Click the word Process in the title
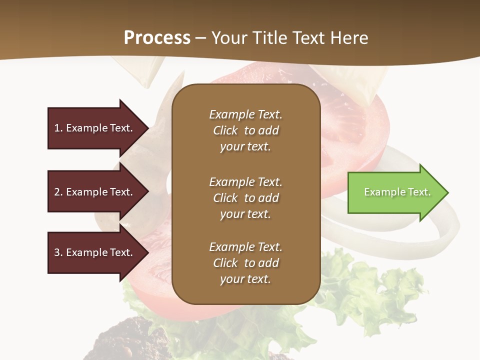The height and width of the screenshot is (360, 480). (x=157, y=38)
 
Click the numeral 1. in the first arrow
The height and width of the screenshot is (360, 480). (x=58, y=128)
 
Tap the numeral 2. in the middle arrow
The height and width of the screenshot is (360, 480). (x=58, y=192)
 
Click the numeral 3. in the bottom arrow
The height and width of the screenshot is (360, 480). (x=58, y=252)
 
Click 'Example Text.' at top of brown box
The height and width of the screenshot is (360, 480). (x=245, y=114)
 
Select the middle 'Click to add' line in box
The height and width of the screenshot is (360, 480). (x=245, y=198)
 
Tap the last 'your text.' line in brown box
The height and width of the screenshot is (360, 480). (x=245, y=279)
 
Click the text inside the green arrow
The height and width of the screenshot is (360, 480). (x=397, y=192)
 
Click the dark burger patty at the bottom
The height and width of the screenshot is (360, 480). (x=125, y=340)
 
